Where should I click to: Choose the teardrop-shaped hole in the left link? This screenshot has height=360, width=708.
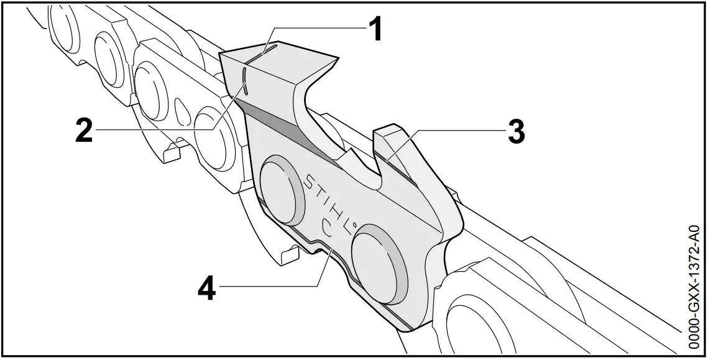(x=183, y=113)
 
